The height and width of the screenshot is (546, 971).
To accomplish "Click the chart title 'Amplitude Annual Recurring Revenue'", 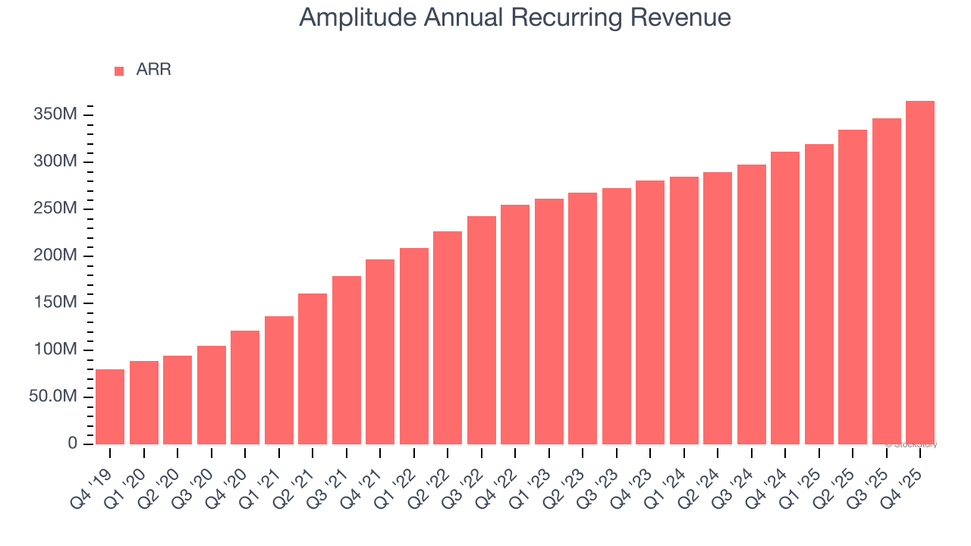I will pos(515,18).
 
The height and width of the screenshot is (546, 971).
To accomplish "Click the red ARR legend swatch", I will pos(119,71).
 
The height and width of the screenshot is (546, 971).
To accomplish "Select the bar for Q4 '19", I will pos(110,406).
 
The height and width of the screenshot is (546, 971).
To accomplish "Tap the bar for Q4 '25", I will pos(920,273).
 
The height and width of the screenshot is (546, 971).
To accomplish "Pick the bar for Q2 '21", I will pos(313,369).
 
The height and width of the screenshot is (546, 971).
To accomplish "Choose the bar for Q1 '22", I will pos(414,346).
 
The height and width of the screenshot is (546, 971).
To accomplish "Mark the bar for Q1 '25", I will pos(819,294).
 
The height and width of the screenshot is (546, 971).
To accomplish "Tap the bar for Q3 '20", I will pos(212,395).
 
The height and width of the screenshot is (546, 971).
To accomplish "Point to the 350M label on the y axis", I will pos(55,115).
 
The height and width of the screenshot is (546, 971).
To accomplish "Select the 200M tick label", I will pos(55,256).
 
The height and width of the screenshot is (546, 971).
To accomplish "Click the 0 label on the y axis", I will pos(73,444).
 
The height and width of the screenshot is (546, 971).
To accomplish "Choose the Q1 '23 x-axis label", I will pos(535,481).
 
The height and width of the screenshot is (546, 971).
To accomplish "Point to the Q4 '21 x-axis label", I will pos(366,481).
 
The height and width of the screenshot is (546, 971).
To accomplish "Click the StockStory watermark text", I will pos(913,444).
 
